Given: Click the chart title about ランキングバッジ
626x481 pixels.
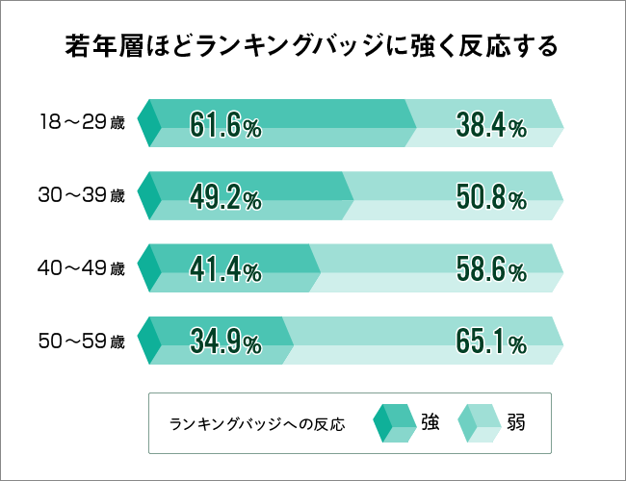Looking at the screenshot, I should (312, 47).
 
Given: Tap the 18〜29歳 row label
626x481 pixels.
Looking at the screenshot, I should (82, 123).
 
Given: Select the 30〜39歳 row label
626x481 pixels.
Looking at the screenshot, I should (82, 196).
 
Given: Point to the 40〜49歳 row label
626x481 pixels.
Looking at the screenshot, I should (82, 269).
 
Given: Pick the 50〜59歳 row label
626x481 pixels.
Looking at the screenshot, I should (82, 342).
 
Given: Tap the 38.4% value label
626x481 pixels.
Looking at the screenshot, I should (490, 125).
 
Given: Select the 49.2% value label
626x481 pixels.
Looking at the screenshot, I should (225, 198).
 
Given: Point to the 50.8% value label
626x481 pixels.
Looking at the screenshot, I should (490, 198).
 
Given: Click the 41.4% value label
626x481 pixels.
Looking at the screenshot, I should (225, 270).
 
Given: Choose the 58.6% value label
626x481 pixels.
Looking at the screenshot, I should (490, 270).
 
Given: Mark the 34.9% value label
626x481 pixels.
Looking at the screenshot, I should (225, 342).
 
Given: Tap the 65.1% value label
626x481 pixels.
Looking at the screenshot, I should (490, 342).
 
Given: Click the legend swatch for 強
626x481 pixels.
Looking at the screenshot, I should (391, 422).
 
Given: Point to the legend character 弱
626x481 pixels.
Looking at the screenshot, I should (516, 422).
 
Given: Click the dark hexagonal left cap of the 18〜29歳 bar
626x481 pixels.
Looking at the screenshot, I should (148, 123).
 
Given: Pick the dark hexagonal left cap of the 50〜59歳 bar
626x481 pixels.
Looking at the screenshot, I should (148, 342).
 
